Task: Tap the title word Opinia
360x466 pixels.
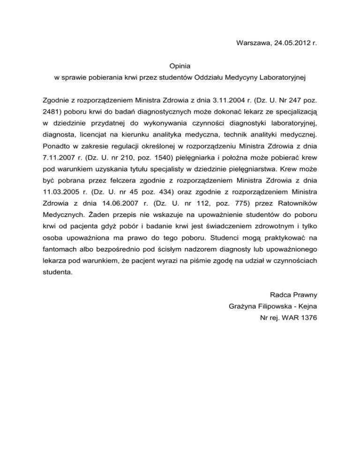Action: click(180, 67)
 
